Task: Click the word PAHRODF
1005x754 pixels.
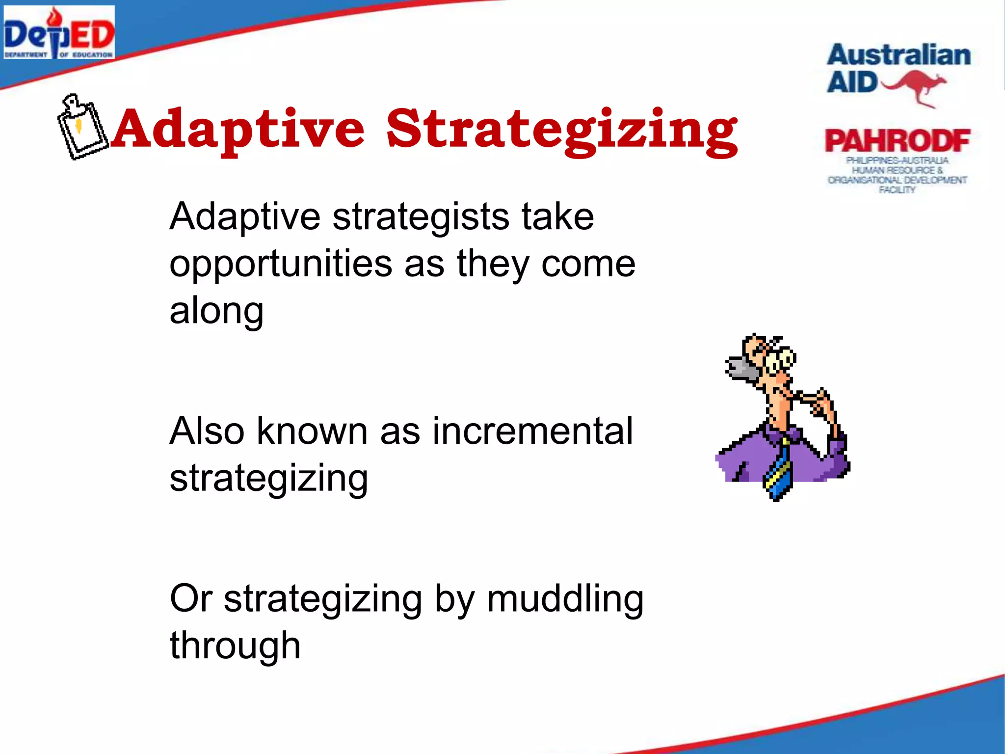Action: (x=897, y=141)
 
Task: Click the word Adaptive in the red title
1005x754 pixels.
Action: (x=238, y=129)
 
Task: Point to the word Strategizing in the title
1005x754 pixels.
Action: (x=562, y=129)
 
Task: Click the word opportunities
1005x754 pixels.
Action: (x=280, y=264)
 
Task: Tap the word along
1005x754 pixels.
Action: (x=216, y=311)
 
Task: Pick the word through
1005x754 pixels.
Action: (x=235, y=646)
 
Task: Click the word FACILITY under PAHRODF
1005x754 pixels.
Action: (x=897, y=190)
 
